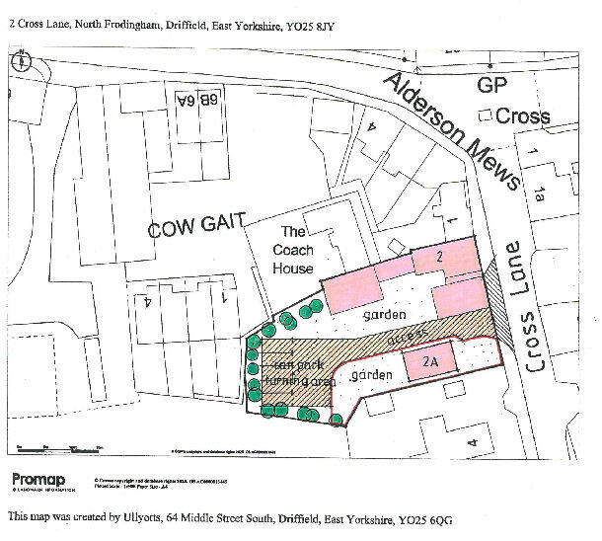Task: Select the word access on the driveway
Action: tap(407, 336)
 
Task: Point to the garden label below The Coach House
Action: tap(385, 314)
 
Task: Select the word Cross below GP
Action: tap(522, 116)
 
